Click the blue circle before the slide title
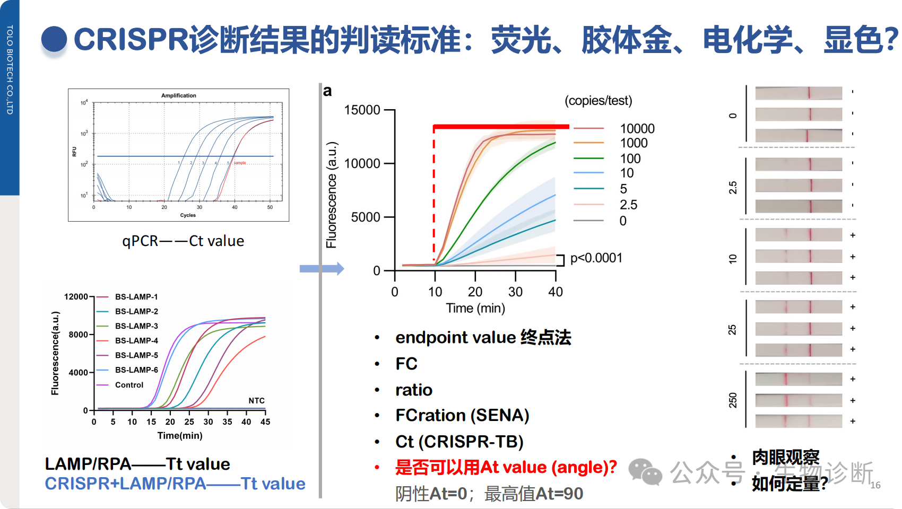[x=54, y=40]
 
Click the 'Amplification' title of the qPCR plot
[x=179, y=95]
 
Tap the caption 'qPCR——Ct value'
[x=183, y=241]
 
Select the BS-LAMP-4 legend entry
[x=136, y=340]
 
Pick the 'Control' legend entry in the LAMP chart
[x=129, y=385]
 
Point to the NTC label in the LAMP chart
[x=256, y=400]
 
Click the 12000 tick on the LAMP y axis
[x=76, y=296]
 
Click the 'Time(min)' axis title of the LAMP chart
[x=180, y=435]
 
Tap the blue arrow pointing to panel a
[x=322, y=269]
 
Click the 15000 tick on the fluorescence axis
[x=362, y=110]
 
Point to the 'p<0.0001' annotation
[x=596, y=258]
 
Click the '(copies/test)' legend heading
[x=599, y=101]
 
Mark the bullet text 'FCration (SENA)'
[x=462, y=415]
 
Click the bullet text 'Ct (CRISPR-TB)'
[x=459, y=441]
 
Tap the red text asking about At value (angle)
[x=506, y=467]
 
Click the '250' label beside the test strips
[x=733, y=400]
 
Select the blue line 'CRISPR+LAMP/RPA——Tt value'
[x=175, y=484]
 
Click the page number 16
[x=875, y=485]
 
